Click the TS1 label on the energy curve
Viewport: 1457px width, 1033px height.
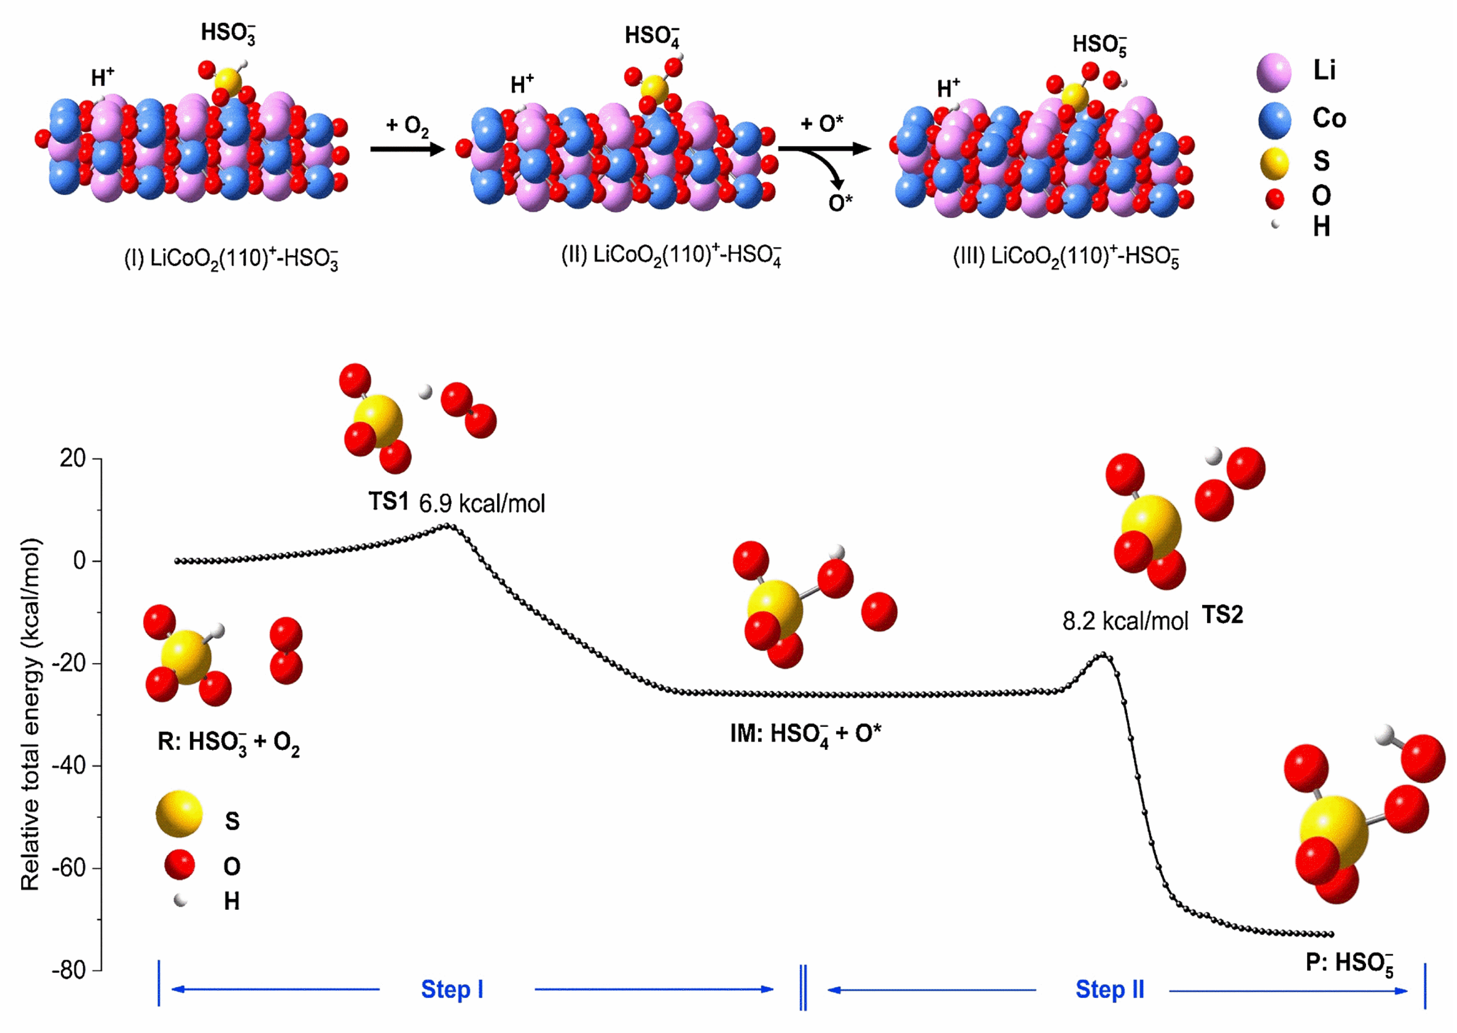coord(388,502)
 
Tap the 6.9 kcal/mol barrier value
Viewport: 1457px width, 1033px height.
coord(482,504)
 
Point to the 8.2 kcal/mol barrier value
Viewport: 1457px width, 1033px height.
coord(1125,621)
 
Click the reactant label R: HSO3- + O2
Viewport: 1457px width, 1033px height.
coord(228,742)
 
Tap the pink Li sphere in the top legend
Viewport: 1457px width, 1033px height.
coord(1274,72)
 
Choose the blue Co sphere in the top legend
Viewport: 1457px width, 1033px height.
coord(1274,120)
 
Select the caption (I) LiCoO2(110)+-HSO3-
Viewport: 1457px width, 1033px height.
coord(231,259)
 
